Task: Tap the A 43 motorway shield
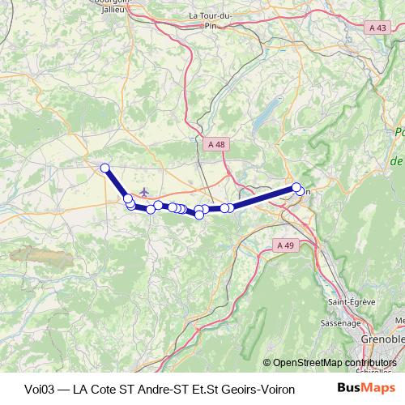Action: [377, 28]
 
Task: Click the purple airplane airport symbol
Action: [145, 192]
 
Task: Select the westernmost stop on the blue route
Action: [104, 168]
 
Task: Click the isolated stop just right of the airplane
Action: [159, 205]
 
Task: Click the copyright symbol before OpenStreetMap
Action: [268, 363]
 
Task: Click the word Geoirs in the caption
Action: [235, 388]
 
